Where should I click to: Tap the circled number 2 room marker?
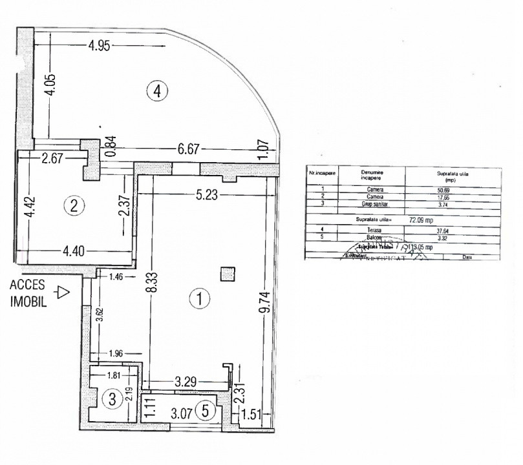pos(74,206)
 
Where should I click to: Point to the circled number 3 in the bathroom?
pos(112,399)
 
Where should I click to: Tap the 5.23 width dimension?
pos(208,192)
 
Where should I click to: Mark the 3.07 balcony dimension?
pos(182,410)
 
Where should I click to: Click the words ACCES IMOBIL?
pos(27,294)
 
